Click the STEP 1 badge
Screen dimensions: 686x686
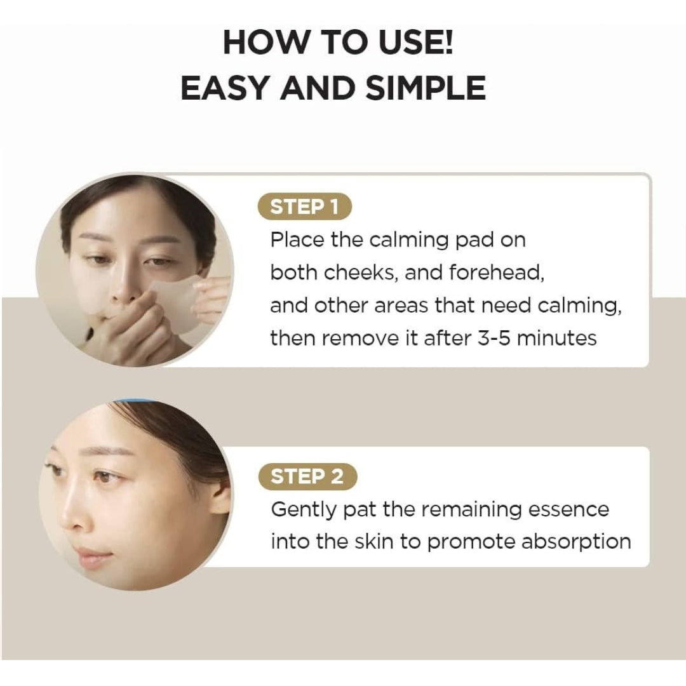[x=304, y=206]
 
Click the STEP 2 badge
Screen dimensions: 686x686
[x=307, y=476]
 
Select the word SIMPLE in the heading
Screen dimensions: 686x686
[x=426, y=88]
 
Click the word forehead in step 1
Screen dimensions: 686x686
[x=497, y=272]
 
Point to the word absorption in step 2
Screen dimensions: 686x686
[x=576, y=542]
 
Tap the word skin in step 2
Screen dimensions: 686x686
[x=373, y=542]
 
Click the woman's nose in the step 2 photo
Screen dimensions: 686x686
[x=74, y=509]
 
